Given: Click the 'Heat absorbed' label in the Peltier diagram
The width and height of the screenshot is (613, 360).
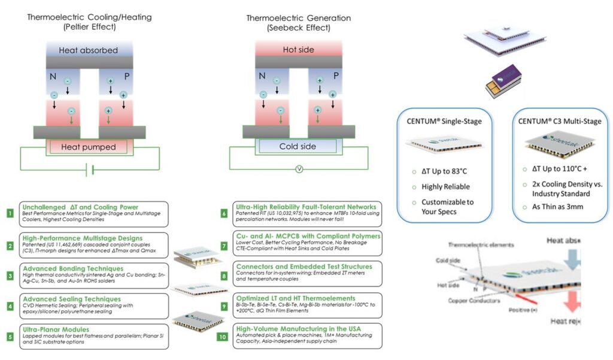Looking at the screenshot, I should pyautogui.click(x=89, y=50).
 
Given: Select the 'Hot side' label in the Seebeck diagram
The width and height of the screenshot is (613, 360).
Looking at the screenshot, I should pyautogui.click(x=298, y=50).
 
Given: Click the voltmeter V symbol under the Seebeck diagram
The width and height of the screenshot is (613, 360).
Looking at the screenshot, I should pyautogui.click(x=298, y=170).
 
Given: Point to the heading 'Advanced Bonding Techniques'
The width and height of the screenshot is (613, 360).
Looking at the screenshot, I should pyautogui.click(x=68, y=268).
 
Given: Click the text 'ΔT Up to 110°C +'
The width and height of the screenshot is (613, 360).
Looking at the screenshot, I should pyautogui.click(x=562, y=170).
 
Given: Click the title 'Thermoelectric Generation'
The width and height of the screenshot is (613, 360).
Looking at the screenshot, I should pyautogui.click(x=298, y=18).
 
